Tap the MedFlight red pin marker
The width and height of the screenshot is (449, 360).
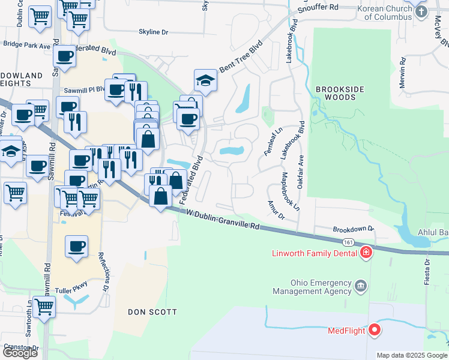click(375, 329)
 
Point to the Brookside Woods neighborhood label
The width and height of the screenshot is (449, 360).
click(340, 94)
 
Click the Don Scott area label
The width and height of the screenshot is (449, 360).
click(152, 312)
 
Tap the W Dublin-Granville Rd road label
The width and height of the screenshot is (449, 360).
click(222, 220)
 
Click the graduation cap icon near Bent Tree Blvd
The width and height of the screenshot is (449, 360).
click(205, 80)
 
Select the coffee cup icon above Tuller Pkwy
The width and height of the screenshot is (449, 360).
click(77, 246)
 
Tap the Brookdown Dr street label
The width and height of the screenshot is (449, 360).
click(353, 229)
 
